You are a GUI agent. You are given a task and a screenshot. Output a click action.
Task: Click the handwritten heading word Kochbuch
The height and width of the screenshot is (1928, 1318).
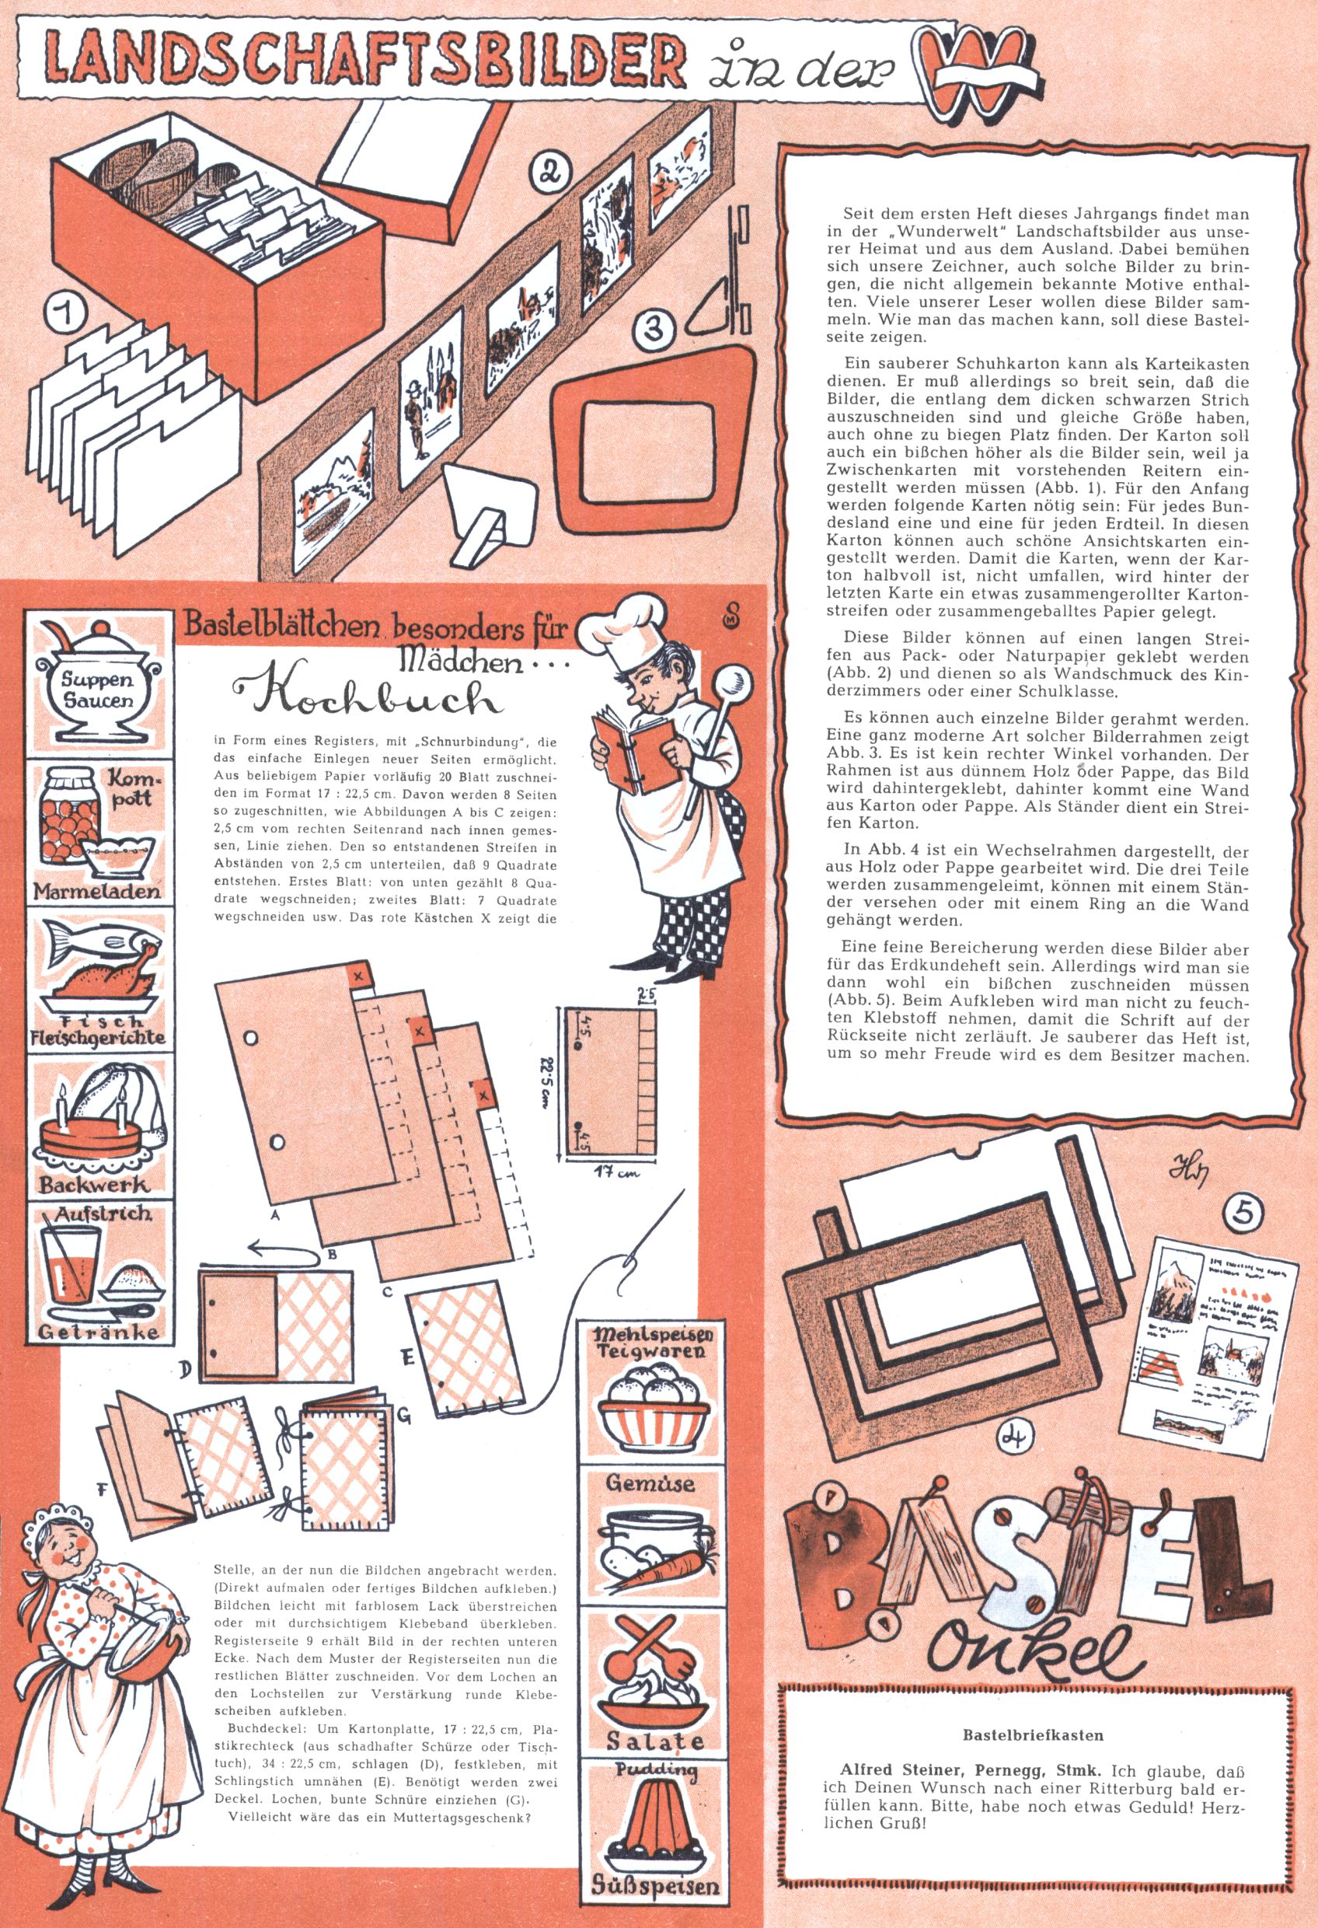(x=369, y=700)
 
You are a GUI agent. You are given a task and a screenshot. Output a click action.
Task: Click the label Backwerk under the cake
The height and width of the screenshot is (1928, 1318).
(x=96, y=1183)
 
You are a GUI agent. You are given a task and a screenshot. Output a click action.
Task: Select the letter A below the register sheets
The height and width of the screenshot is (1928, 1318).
(x=273, y=1214)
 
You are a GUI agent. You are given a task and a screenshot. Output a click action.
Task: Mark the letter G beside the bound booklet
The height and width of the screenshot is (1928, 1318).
(x=404, y=1416)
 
